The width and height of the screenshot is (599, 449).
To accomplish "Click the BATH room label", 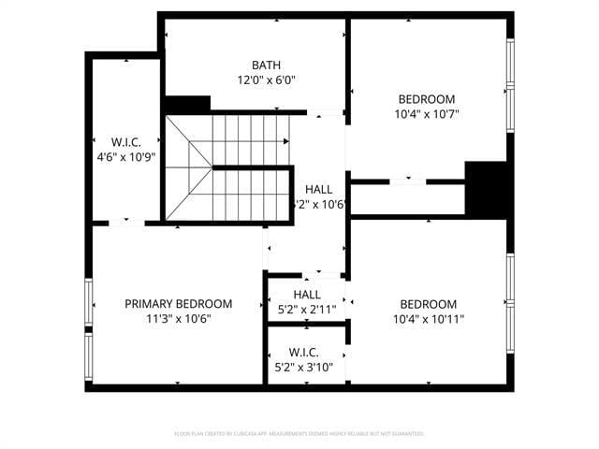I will coord(265,65).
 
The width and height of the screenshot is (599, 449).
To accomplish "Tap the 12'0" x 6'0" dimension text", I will coord(265,80).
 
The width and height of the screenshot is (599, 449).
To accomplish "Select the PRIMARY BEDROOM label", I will coord(178,303).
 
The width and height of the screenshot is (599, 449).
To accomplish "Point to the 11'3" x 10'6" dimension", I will coord(178,318).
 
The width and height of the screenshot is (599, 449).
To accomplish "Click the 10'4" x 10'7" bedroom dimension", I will coord(427,114).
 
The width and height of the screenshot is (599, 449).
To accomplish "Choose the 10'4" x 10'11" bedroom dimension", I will coord(428,318).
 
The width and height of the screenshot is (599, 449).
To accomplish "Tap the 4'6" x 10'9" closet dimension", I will coord(125,157).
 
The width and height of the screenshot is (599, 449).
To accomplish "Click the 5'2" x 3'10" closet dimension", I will coord(303,367).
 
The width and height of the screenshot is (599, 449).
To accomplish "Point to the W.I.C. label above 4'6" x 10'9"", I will coord(125,142).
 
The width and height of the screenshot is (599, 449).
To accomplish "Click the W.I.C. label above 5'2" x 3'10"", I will coord(303,352).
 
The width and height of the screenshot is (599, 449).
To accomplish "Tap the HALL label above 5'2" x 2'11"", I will coord(307,295).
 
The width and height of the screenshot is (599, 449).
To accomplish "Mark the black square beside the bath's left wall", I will coord(186,105).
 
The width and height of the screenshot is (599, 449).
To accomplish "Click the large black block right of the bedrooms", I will coord(486,189).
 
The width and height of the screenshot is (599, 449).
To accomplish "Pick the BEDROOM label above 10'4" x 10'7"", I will coord(427,99).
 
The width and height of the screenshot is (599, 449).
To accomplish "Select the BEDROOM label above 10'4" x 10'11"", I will coord(428,303).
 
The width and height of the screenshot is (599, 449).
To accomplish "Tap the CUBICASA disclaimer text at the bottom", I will coord(299,434).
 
